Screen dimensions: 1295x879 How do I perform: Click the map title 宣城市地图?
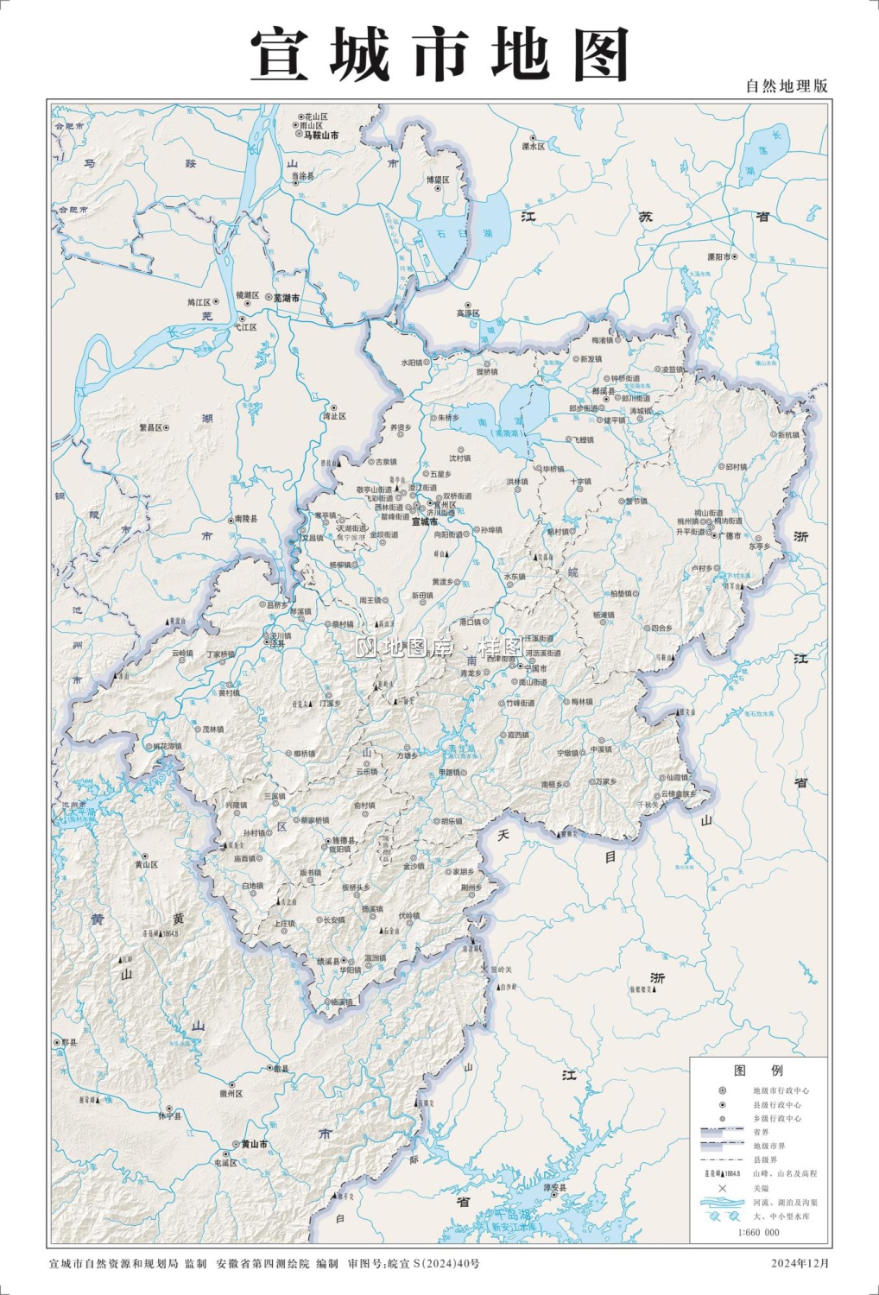coord(439,54)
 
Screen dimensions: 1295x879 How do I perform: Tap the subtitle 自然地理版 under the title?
coord(786,85)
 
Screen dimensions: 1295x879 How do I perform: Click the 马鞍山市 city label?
coord(320,136)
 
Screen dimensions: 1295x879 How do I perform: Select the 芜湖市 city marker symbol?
coord(269,297)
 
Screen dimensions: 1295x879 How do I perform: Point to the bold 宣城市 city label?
coord(424,521)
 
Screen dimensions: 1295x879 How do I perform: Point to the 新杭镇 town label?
coord(788,435)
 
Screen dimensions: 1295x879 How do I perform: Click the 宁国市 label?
coord(535,668)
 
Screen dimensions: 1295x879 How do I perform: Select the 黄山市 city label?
coord(254,1144)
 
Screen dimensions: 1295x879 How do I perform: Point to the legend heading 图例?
coord(758,1070)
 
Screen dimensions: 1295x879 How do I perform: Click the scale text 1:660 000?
coord(758,1232)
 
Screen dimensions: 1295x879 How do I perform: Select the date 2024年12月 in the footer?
coord(800,1263)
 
